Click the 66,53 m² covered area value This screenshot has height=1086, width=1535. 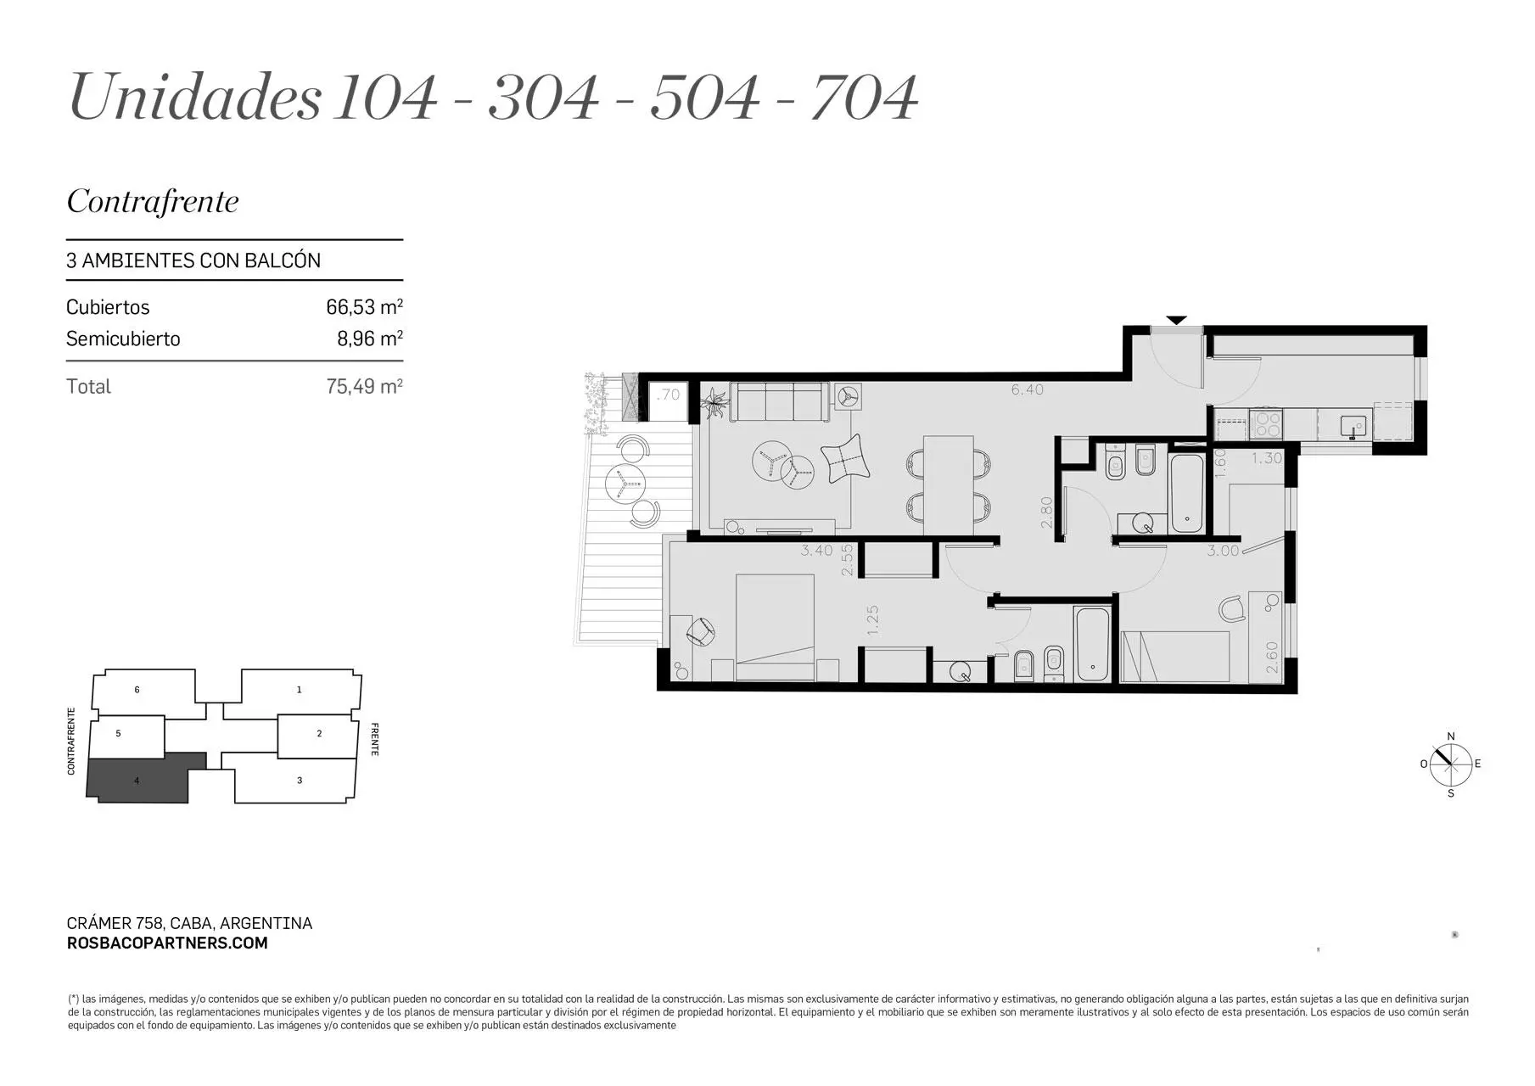tap(364, 306)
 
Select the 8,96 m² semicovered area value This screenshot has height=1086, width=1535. tap(370, 339)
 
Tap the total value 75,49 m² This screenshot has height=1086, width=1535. tap(364, 386)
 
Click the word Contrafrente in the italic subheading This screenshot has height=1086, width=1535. tap(153, 201)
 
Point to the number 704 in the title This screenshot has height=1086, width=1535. tap(864, 97)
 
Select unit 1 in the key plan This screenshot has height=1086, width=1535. tap(299, 690)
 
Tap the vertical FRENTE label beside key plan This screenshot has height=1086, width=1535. tap(374, 739)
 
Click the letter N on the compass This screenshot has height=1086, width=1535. tap(1451, 736)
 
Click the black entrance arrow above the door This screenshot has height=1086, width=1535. tap(1176, 320)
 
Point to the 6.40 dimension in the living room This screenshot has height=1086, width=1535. tap(1027, 390)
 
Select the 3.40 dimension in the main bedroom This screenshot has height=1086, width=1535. tap(816, 551)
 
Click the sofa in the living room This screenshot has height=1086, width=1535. tap(779, 401)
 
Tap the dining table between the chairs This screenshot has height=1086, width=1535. tap(948, 484)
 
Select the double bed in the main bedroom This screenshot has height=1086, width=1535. tap(775, 628)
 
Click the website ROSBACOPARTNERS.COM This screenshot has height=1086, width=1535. tap(167, 943)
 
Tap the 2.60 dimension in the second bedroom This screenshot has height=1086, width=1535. tap(1272, 658)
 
